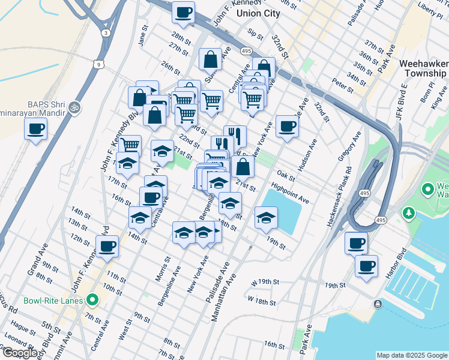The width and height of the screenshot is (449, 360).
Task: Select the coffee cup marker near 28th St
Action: click(184, 11)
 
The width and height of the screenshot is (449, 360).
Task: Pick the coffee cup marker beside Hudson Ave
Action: click(288, 127)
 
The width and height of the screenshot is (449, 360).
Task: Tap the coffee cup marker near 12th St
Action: click(107, 245)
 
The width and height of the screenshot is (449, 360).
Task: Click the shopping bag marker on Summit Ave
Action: click(210, 59)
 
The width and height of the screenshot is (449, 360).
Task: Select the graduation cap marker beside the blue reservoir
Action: click(265, 217)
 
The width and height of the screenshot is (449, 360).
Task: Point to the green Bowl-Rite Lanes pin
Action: click(92, 299)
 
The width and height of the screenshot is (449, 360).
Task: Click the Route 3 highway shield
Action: click(105, 32)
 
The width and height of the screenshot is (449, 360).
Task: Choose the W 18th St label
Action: click(262, 298)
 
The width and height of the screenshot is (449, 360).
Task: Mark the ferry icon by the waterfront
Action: click(378, 304)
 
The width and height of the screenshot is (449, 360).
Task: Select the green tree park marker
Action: click(409, 213)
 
